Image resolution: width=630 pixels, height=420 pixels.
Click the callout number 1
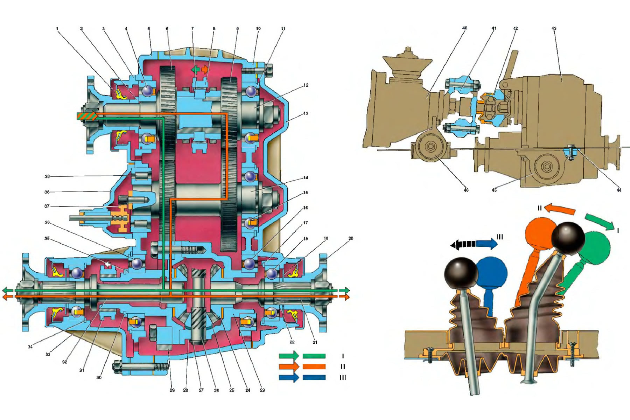(57, 29)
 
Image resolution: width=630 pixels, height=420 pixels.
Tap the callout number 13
(306, 113)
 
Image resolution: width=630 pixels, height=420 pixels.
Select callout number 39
(47, 176)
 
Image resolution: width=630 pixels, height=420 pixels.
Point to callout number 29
(172, 390)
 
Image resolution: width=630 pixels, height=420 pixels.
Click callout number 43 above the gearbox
(554, 29)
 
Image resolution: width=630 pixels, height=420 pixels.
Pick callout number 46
(466, 190)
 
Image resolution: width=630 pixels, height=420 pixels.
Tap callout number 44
(619, 190)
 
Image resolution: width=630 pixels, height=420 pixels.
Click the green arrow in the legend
(289, 356)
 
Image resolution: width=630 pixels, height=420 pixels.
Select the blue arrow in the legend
(289, 378)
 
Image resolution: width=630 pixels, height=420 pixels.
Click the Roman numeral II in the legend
(343, 367)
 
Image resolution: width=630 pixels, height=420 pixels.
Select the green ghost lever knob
(594, 247)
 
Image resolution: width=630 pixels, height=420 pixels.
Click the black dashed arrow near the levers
(463, 244)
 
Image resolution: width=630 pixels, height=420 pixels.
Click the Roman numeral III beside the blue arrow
(500, 237)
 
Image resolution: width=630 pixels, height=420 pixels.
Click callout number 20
(351, 238)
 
